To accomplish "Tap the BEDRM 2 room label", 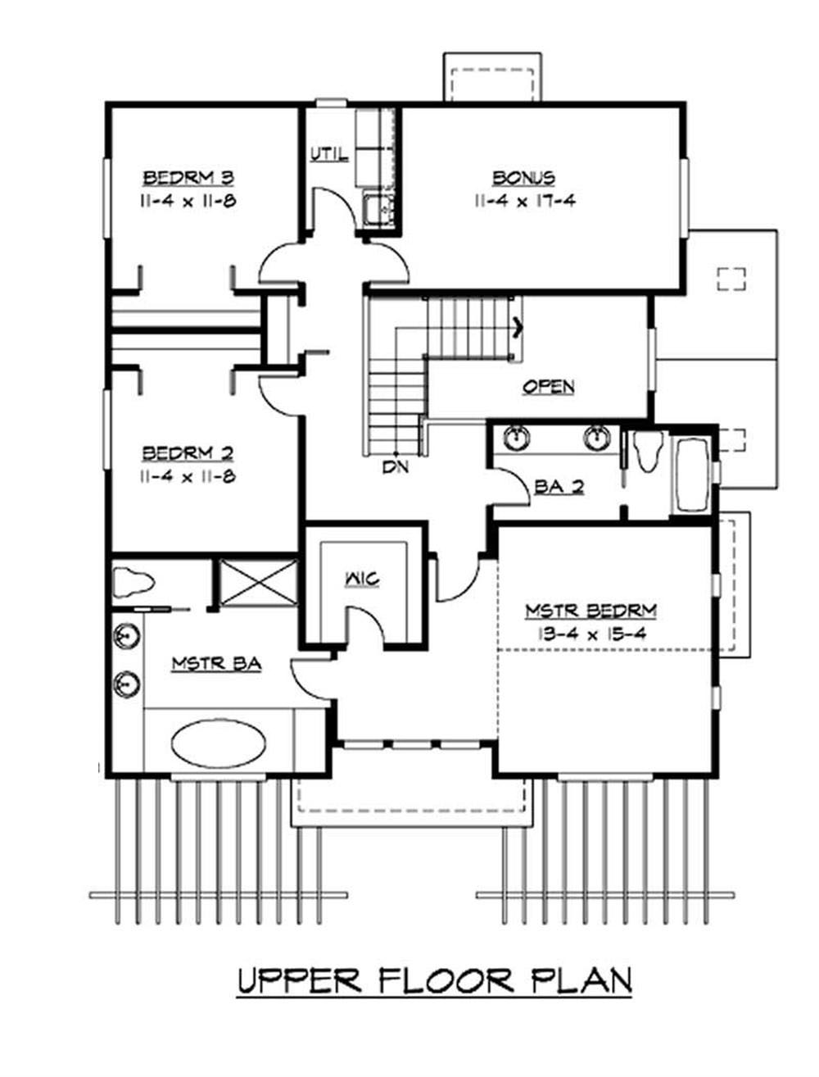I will point(189,453).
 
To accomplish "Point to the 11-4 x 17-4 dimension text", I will point(523,201).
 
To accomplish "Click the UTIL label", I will point(329,154).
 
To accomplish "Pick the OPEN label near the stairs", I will point(548,387).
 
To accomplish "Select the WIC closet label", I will point(361,579).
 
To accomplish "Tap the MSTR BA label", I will point(216,664).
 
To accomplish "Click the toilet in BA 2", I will point(647,452).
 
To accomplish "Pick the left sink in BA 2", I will point(516,438).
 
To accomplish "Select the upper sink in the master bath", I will point(125,636).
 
